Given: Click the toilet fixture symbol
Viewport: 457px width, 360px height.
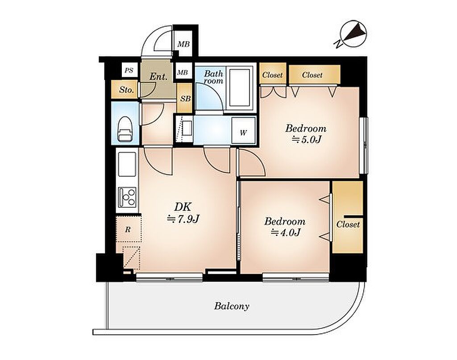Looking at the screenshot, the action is (125, 129).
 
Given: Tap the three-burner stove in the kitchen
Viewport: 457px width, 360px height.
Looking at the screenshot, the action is (127, 197).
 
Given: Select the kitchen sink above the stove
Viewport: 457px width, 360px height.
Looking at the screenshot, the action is (127, 164).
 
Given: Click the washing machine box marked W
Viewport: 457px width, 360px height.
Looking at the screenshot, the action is (243, 130).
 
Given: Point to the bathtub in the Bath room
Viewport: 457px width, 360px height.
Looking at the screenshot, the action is (239, 87).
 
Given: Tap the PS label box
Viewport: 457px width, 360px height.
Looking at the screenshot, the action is (129, 70).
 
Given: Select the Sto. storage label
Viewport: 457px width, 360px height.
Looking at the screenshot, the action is (126, 90).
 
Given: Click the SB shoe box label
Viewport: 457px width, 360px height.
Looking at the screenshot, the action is (185, 99).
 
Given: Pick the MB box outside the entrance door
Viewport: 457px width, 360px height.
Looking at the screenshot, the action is (183, 44).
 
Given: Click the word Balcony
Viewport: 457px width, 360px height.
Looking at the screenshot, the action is (232, 306).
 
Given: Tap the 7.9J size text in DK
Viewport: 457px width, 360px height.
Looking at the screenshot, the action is (183, 219).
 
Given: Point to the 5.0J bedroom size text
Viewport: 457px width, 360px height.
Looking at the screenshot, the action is (306, 140).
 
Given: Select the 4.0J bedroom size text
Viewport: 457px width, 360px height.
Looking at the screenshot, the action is (286, 232).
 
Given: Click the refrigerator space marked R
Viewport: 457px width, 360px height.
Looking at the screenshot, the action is (128, 229).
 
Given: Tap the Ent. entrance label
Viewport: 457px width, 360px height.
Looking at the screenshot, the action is (158, 77).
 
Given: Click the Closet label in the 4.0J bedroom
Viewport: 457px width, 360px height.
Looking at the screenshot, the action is (348, 224).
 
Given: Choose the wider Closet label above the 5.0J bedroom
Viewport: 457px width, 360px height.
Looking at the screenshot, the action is (312, 75).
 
